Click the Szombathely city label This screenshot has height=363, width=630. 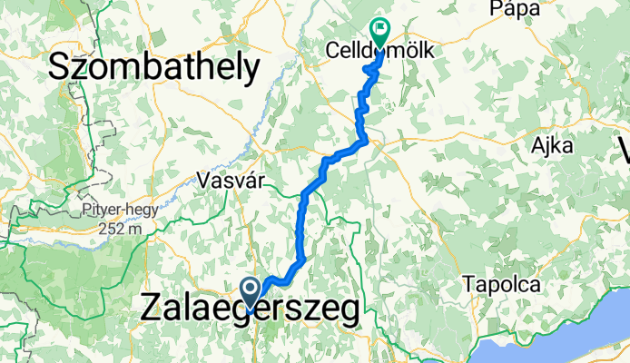click(153, 66)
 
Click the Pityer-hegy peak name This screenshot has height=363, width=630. click(118, 210)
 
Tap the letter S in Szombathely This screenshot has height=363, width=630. click(60, 66)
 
